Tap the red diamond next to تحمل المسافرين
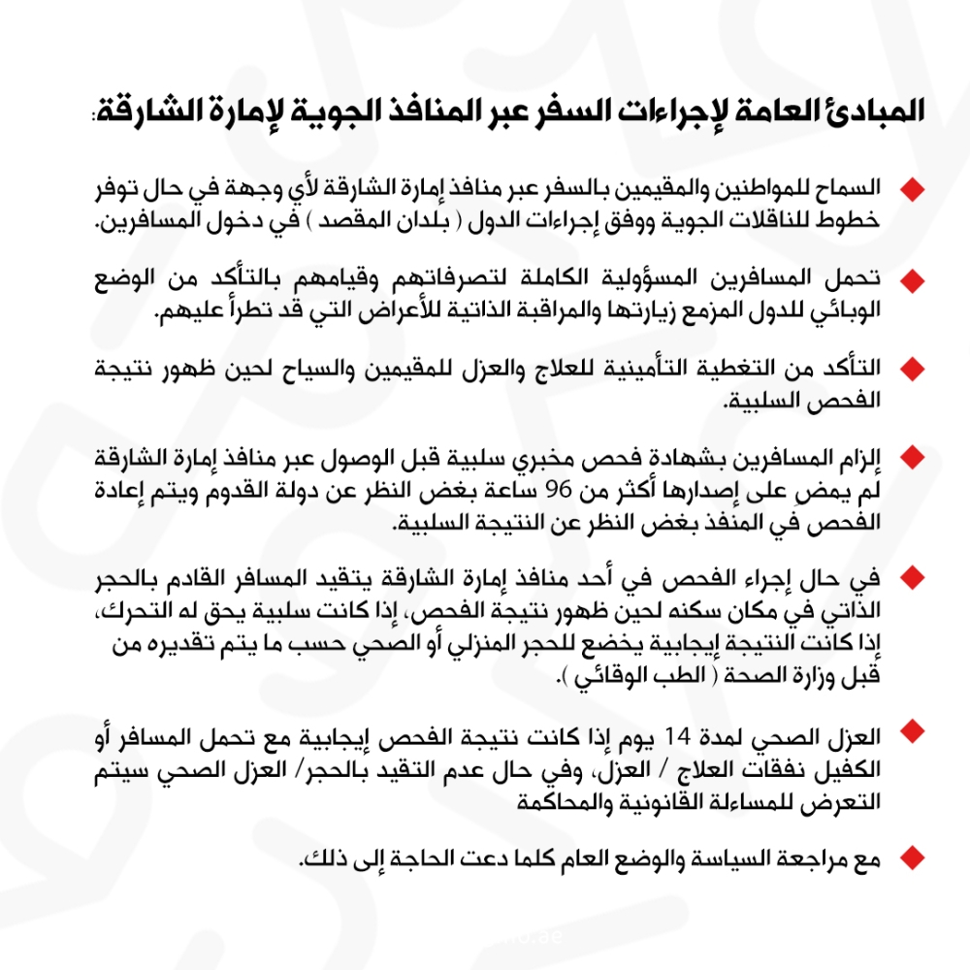pos(910,280)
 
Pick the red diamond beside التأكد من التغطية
pos(910,370)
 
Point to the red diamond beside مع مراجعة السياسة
pos(910,857)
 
